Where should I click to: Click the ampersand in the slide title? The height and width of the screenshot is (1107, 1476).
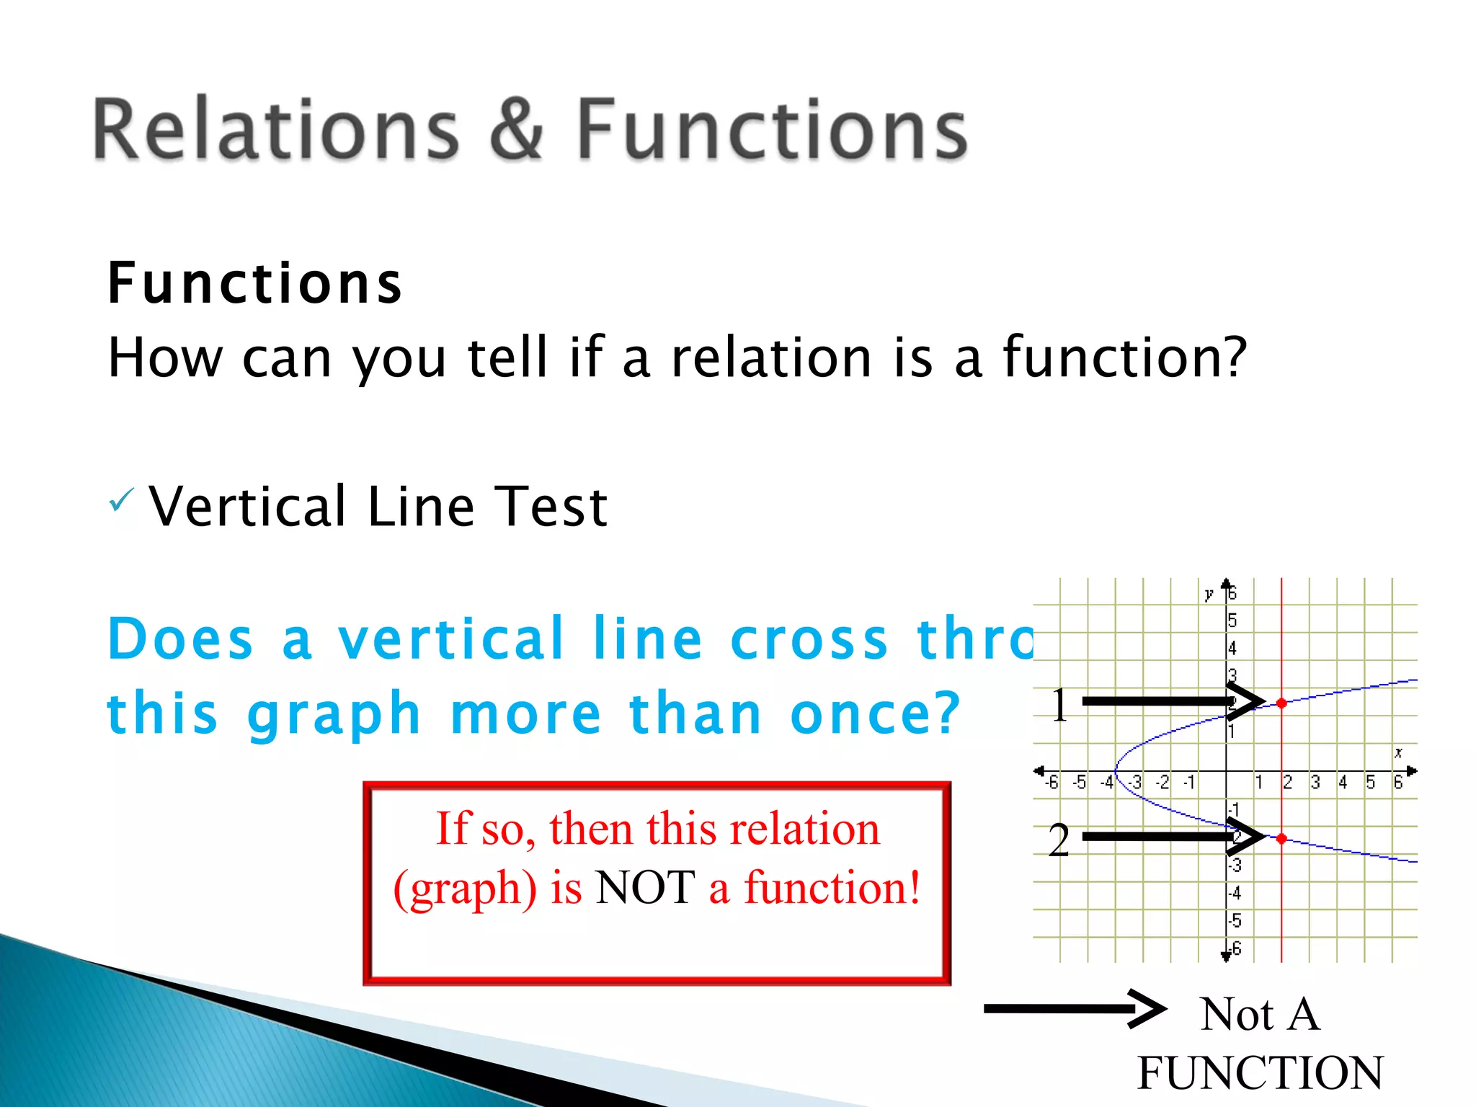516,130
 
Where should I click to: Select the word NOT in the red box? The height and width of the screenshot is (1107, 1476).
645,887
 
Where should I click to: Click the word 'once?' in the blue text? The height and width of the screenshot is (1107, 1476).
875,713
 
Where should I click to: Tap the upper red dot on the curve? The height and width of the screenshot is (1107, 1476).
1281,703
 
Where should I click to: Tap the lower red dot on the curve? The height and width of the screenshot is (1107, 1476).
1281,838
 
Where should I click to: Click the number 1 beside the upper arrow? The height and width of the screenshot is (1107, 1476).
1059,705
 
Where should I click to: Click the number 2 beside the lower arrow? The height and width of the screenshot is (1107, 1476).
1058,840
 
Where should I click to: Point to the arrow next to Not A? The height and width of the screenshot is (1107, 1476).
1074,1008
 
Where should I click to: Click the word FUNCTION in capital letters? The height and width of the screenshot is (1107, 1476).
1260,1073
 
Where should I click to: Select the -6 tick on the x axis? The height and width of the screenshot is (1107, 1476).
1052,783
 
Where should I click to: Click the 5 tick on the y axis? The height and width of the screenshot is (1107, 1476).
1232,621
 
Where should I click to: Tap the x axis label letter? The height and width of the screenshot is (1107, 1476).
1398,752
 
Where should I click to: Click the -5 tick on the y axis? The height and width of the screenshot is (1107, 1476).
1235,920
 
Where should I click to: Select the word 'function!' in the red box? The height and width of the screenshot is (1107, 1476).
832,887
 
